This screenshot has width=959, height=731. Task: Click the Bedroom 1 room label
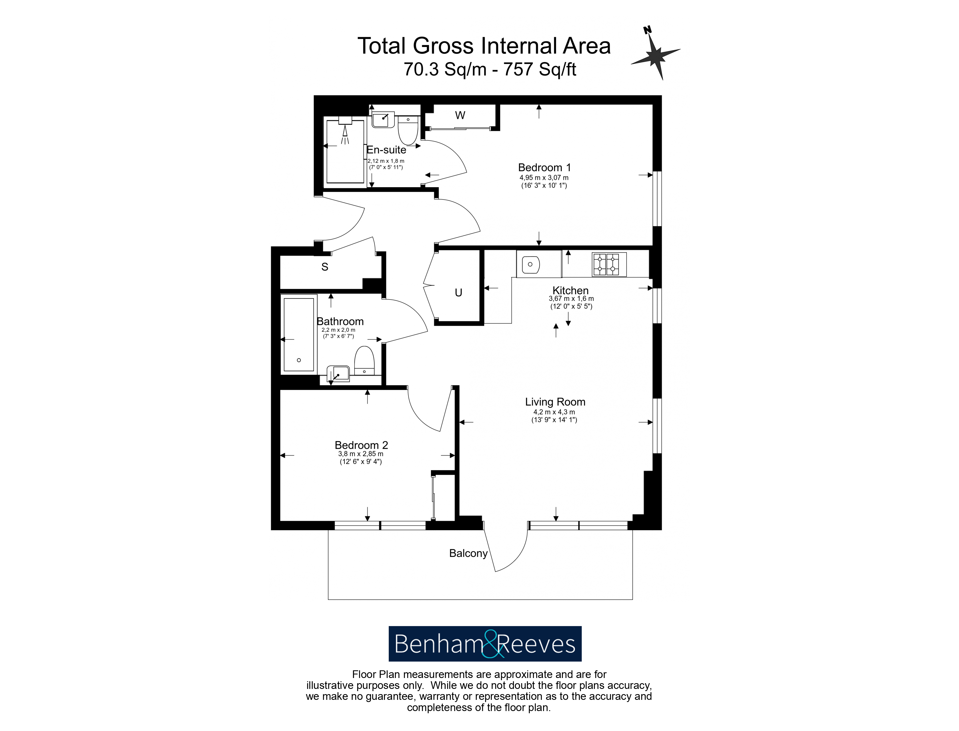(x=544, y=168)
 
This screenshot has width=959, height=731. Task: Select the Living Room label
(x=555, y=402)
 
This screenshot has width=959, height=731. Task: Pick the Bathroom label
(x=340, y=322)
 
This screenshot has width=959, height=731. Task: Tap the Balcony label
(x=468, y=553)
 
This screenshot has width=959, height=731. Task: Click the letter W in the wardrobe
(x=460, y=115)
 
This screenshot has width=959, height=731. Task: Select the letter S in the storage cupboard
(x=325, y=267)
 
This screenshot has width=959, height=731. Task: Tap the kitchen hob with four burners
(x=609, y=264)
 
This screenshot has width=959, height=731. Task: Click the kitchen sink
(x=531, y=265)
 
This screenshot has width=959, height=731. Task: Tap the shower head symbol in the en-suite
(x=345, y=131)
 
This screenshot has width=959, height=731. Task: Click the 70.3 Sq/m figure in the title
(x=445, y=69)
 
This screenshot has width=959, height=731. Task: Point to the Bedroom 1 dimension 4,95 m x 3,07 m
(x=544, y=178)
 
